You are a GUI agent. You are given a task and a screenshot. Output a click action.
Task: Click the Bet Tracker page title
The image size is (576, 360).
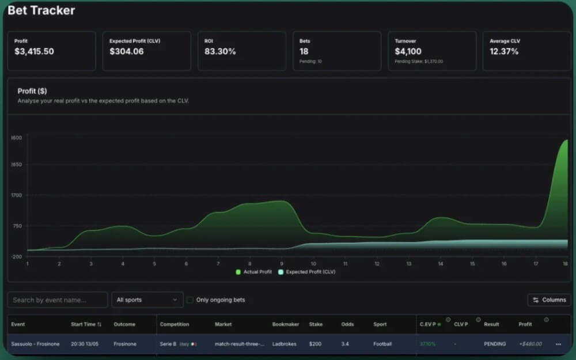click(41, 10)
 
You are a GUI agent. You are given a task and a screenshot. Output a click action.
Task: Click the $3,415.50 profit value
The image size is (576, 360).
click(34, 51)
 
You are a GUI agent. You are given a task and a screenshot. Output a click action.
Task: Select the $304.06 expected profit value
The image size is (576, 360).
click(126, 51)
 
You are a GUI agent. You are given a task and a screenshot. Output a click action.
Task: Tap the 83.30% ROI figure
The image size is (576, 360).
click(220, 51)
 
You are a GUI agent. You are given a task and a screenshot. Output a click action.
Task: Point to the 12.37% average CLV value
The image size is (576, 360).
click(504, 51)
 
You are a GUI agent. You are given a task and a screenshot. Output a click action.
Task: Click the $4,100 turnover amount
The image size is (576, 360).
click(408, 51)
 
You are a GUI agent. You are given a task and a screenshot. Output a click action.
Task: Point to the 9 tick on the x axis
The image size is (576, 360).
click(282, 263)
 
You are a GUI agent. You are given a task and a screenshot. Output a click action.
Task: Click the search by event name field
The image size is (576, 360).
click(58, 300)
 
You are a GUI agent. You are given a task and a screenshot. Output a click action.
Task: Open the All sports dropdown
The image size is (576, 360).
click(147, 300)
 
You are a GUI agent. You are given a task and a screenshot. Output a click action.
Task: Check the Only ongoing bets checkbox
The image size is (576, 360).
click(190, 300)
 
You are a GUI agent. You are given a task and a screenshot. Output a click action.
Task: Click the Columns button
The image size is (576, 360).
click(549, 300)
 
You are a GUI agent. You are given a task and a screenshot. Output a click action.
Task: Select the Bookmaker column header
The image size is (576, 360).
click(286, 324)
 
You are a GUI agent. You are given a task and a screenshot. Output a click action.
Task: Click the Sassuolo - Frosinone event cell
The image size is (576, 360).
click(35, 344)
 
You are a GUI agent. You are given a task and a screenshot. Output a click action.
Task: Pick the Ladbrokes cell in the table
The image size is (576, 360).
click(285, 344)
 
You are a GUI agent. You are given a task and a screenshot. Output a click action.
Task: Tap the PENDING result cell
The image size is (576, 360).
click(495, 344)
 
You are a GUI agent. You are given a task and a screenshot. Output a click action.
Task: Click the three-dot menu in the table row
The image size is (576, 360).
click(558, 344)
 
